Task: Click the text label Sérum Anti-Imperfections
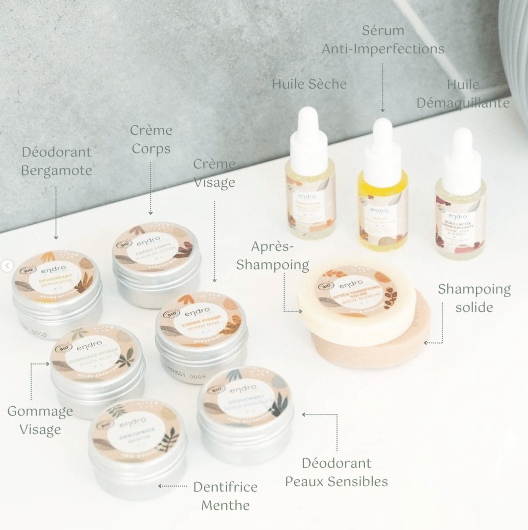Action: pyautogui.click(x=383, y=40)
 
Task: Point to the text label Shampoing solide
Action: pyautogui.click(x=474, y=298)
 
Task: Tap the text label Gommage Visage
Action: pyautogui.click(x=40, y=420)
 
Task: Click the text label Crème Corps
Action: pyautogui.click(x=151, y=139)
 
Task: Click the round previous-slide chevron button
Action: pyautogui.click(x=7, y=265)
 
